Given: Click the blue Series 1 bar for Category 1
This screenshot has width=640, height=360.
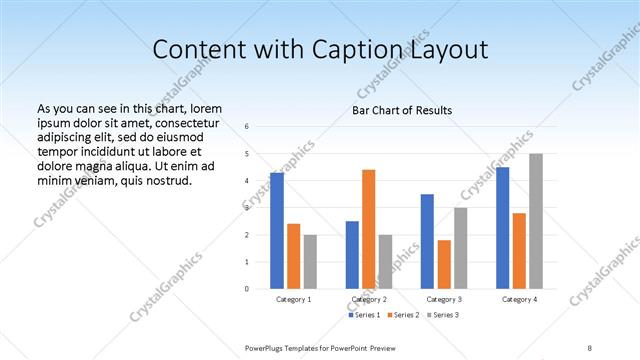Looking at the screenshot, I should click(277, 231).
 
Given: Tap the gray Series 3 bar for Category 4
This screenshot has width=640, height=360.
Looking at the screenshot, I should click(536, 221).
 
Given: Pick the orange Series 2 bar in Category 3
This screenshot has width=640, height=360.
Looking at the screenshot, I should click(444, 264).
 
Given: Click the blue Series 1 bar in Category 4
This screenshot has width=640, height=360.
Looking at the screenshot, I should click(502, 228).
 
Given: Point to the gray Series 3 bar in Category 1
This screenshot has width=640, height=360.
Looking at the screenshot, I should click(310, 262).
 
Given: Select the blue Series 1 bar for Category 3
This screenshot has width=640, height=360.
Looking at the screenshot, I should click(427, 241).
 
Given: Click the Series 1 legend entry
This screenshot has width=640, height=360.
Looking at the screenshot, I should click(363, 316).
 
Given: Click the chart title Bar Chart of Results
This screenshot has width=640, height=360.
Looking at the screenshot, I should click(401, 110).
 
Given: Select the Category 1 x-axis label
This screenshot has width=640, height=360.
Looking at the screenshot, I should click(293, 299).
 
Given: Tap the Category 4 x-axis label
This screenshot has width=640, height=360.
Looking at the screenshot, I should click(519, 299).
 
